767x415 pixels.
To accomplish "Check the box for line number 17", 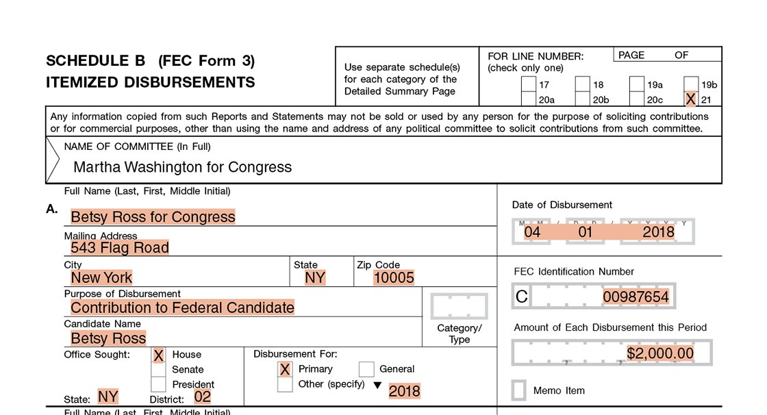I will pos(528,85).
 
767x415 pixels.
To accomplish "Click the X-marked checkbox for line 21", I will pos(690,99).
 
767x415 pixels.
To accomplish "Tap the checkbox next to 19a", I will pos(637,85).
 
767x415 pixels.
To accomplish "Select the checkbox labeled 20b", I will pos(582,99).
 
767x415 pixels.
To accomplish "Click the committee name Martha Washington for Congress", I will pos(182,167).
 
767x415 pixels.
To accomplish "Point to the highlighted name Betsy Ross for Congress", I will pos(153,217).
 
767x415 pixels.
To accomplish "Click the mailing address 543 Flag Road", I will pos(120,247).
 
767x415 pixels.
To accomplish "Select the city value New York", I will pos(101,277).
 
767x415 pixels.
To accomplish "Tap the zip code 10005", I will pos(394,277).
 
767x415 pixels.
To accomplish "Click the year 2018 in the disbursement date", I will pos(658,232).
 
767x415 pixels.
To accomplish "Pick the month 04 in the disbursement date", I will pos(532,232).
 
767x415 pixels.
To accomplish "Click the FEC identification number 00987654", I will pos(636,297).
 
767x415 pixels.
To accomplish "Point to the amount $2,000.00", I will pos(660,353).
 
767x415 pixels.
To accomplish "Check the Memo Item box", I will pos(520,390).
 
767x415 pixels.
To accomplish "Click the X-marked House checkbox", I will pos(158,355).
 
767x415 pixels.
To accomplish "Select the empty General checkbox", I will pos(366,369).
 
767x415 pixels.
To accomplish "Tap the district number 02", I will pos(203,397).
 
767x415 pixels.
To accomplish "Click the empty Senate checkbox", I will pos(158,370).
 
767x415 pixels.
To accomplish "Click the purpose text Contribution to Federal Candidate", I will pos(182,307).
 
